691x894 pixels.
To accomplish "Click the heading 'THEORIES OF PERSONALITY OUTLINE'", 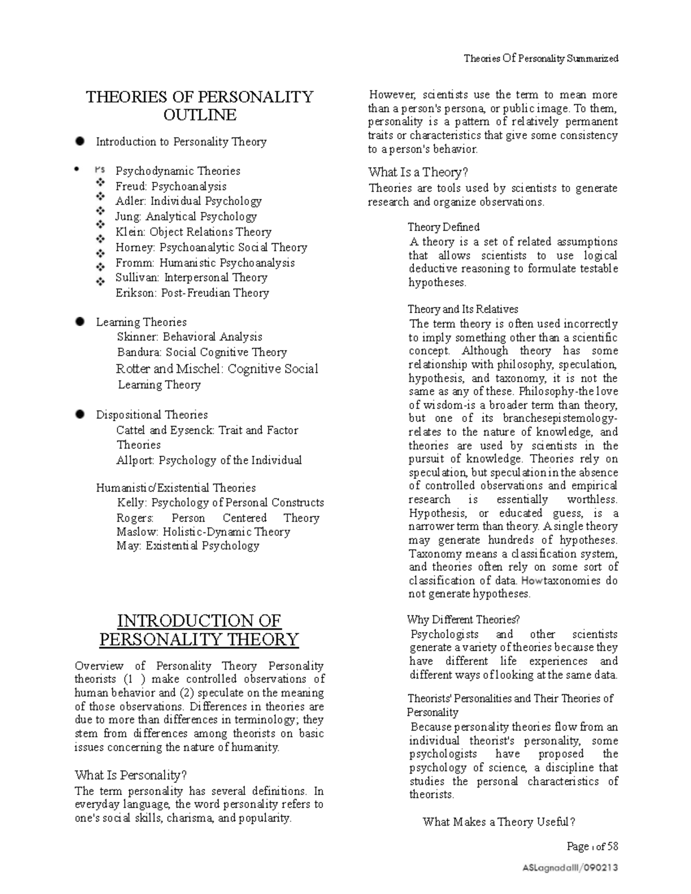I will (199, 105).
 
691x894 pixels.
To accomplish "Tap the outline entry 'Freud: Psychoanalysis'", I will (171, 186).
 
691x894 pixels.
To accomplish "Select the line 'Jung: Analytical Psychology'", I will (186, 216).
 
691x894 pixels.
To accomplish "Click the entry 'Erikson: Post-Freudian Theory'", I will (192, 293).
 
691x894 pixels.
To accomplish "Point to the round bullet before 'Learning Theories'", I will (80, 321).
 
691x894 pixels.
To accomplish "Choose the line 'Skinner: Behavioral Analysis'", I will (189, 337).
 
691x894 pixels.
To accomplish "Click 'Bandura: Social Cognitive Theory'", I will (202, 352).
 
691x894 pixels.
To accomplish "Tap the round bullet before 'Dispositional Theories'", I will (80, 414).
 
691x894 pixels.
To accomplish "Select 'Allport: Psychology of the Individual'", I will (209, 460).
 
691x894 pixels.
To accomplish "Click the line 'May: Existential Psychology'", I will (188, 546).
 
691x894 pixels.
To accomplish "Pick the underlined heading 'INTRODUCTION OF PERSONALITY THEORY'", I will (199, 630).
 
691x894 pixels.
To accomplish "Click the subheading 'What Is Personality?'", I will (131, 775).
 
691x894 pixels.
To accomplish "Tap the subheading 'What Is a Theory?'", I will (418, 172).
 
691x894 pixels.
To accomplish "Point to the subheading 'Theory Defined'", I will (443, 227).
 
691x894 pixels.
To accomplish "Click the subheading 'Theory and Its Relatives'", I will (463, 309).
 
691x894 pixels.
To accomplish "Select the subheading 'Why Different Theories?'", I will (463, 619).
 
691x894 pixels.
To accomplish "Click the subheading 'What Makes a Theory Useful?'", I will (499, 822).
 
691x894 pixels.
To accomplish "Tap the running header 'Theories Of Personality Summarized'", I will (541, 58).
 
